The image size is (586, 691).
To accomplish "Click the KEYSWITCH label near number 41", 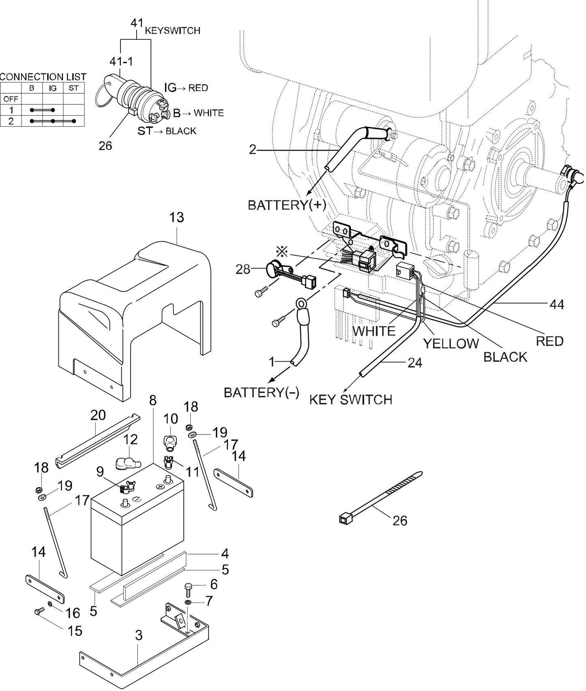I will coord(172,31).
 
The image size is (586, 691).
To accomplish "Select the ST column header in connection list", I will coord(73,88).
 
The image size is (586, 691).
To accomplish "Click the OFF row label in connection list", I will coord(11,99).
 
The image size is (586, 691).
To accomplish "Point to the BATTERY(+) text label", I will coord(287,205).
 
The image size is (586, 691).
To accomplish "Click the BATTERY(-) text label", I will coord(262,392).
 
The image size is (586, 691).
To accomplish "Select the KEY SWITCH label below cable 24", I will coord(350,399).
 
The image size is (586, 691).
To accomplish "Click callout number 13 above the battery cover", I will coord(176,218).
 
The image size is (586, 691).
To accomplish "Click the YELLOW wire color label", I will coord(451,343).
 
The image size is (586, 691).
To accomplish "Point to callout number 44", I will coord(556,304).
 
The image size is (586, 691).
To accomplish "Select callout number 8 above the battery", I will coord(152,400).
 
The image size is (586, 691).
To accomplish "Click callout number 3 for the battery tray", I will coord(139,635).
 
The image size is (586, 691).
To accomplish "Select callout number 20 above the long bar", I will coord(98,415).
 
